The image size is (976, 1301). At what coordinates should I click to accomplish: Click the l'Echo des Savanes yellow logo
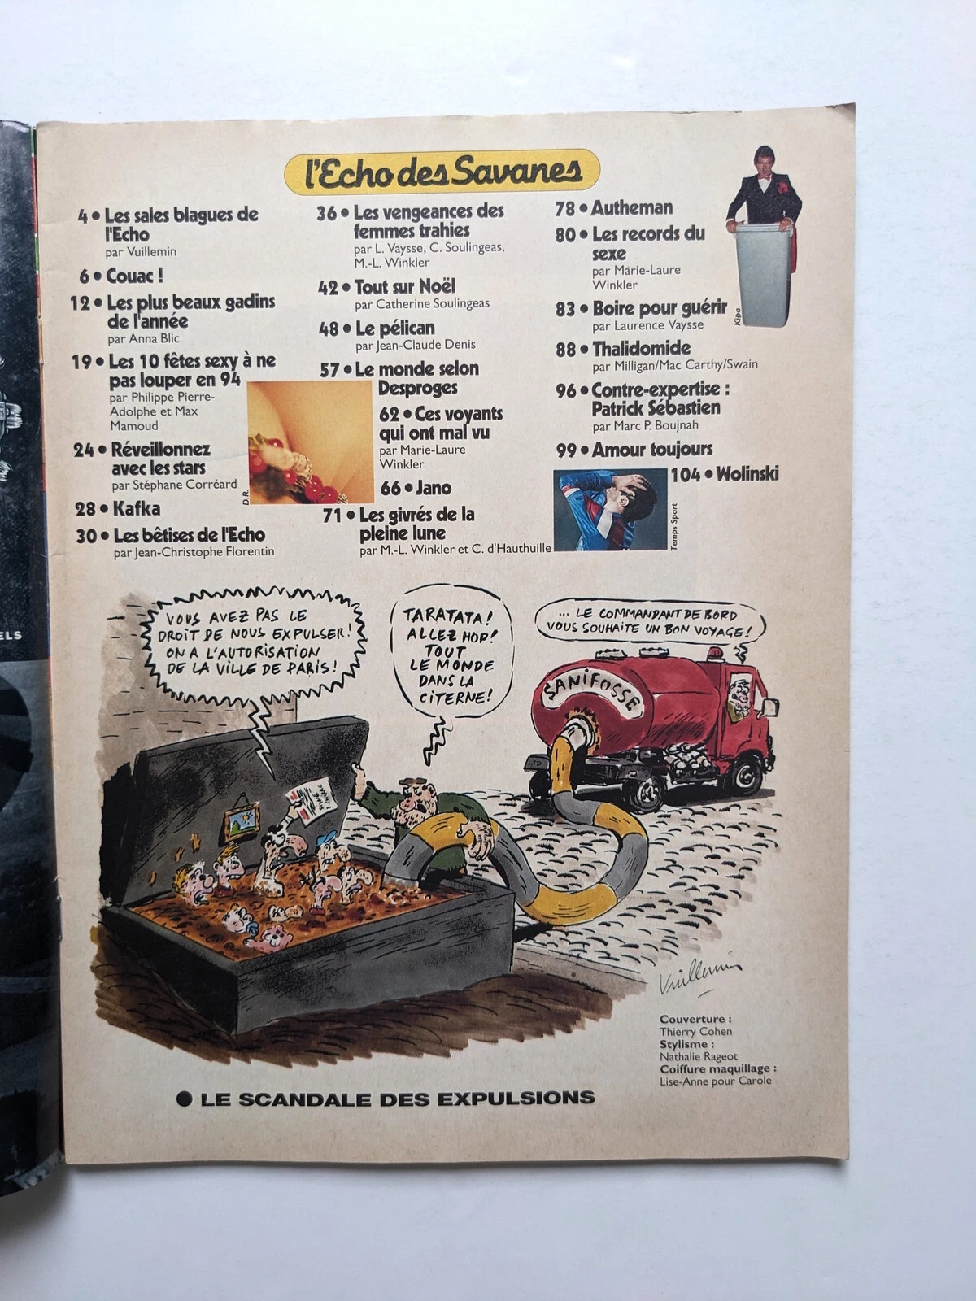point(442,171)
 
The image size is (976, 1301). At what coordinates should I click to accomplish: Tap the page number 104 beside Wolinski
point(685,474)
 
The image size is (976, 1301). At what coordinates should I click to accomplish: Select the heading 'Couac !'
point(134,276)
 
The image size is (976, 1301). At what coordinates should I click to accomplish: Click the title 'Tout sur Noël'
point(404,286)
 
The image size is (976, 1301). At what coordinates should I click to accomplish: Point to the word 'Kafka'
point(136,509)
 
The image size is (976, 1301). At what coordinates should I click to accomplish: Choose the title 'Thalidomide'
point(641,349)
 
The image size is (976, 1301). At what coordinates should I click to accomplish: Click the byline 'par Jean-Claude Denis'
point(415,345)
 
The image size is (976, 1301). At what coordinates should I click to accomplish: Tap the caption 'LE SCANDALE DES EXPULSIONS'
point(397,1099)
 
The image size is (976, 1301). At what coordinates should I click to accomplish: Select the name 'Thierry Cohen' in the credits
point(695,1031)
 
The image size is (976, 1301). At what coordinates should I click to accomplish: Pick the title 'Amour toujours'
point(651,449)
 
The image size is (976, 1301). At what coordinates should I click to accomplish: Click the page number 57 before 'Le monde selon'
point(329,370)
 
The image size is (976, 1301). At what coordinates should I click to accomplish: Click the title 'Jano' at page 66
point(434,488)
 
